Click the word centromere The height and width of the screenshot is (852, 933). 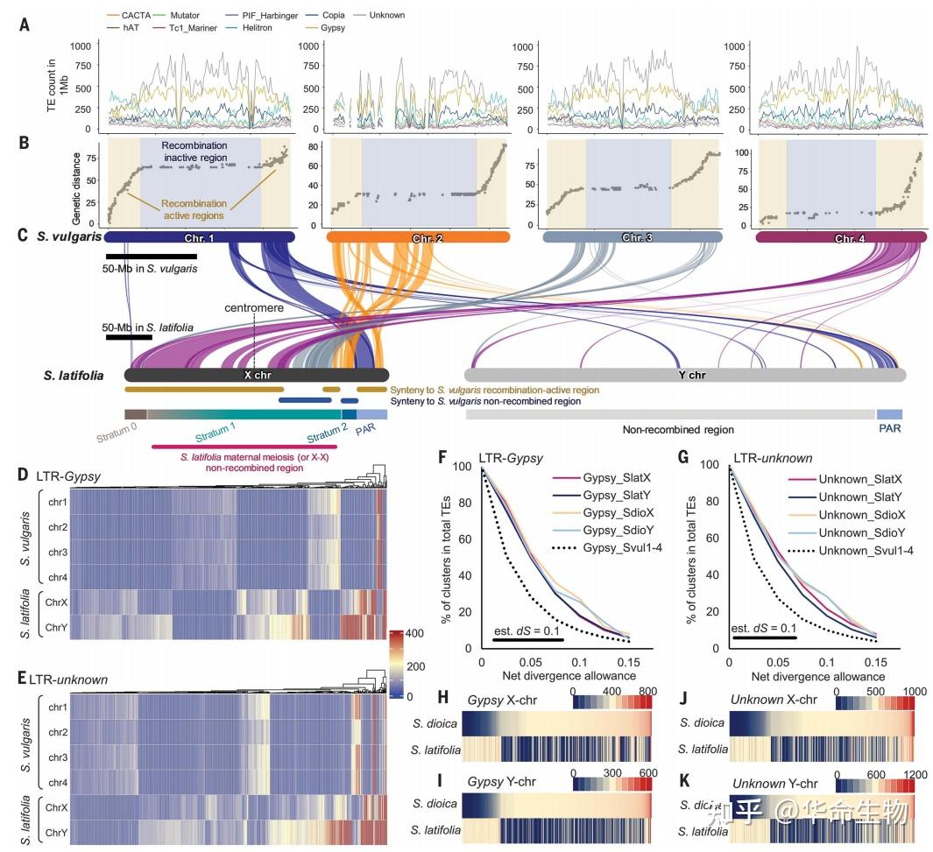(x=254, y=308)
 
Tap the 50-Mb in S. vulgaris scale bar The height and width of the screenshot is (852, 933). (x=151, y=257)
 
